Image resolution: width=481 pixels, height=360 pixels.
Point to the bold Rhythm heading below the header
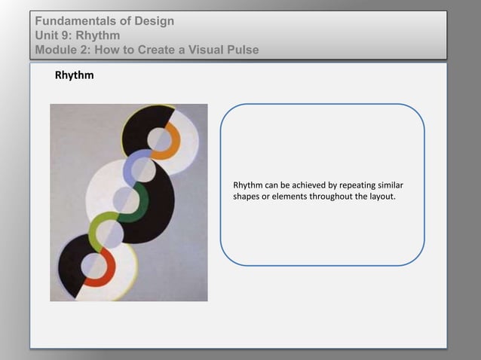pos(74,76)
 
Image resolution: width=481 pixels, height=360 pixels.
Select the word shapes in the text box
pos(246,197)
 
